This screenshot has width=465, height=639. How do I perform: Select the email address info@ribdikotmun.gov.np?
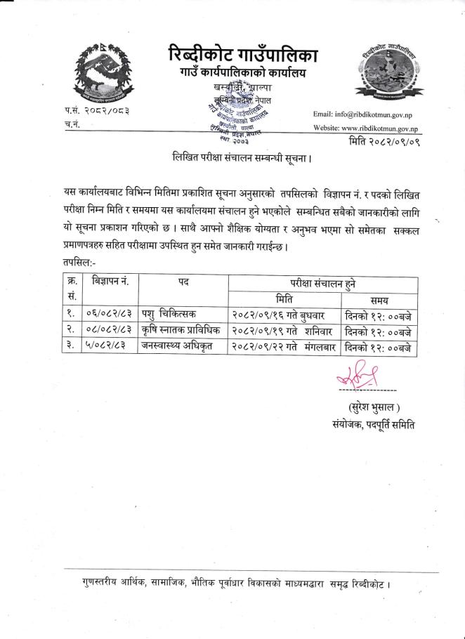tap(367, 114)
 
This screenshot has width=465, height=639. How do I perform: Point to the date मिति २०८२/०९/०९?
tap(384, 143)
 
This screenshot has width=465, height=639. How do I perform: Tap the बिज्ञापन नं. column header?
tap(109, 282)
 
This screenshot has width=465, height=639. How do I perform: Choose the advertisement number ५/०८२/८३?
tap(107, 348)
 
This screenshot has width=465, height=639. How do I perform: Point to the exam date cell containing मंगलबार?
tap(283, 348)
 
